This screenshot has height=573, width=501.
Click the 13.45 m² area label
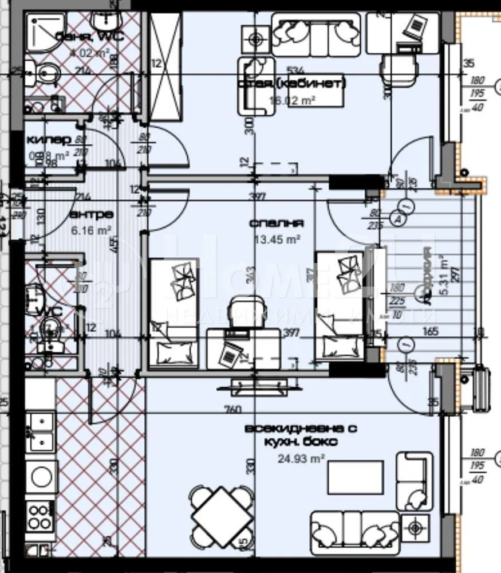(x=278, y=240)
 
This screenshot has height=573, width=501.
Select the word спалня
(x=276, y=223)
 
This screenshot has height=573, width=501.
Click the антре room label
(x=91, y=214)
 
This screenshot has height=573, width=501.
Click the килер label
(x=49, y=139)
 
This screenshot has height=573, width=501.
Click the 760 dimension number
(x=234, y=409)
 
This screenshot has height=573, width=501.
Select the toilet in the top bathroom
(x=45, y=73)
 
